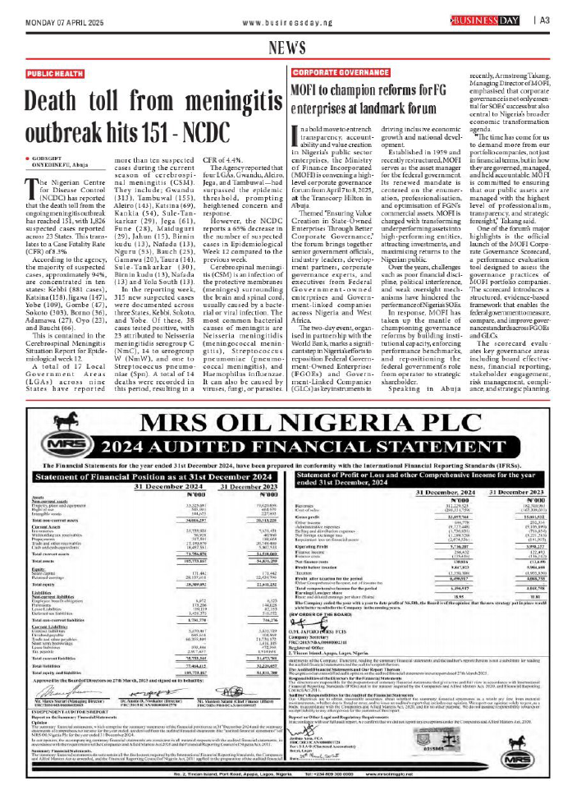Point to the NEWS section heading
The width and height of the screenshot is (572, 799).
tap(286, 47)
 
